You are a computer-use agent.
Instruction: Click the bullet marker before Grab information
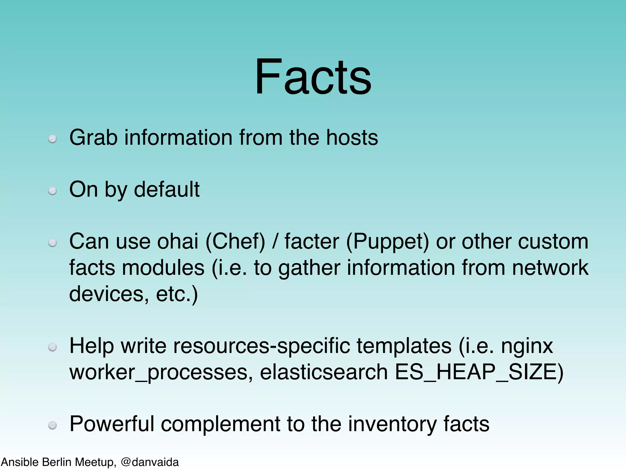pos(53,139)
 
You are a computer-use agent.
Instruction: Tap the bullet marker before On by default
pos(53,191)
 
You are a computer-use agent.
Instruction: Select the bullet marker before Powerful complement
pos(53,425)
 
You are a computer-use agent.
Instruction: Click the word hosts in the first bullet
pos(352,137)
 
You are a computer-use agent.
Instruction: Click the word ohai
pos(178,241)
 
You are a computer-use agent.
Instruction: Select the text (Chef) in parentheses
pos(235,242)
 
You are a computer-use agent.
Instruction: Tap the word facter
pos(312,241)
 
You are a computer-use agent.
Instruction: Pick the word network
pos(550,267)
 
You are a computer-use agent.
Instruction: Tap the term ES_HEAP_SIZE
pos(475,373)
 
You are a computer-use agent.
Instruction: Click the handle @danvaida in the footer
pos(150,462)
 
